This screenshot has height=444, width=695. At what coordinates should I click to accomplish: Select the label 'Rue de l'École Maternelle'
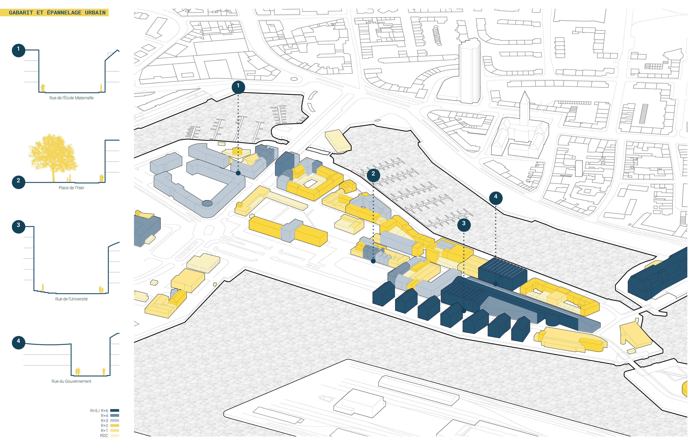pos(71,98)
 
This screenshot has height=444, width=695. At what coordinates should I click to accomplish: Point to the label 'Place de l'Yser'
pos(71,188)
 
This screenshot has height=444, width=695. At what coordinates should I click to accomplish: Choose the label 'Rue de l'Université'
pos(71,299)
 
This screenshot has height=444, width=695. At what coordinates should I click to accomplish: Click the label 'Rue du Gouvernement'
pos(71,381)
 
